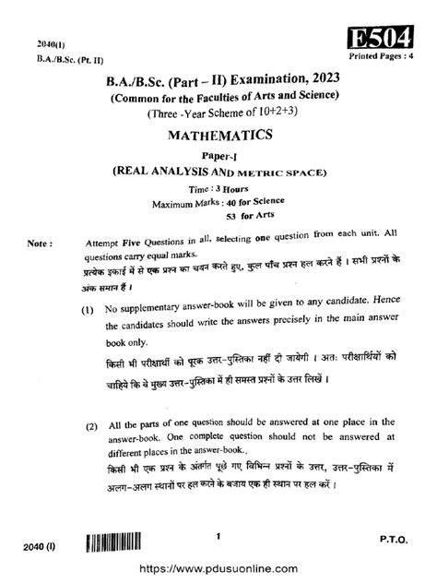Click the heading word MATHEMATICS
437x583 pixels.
(218, 135)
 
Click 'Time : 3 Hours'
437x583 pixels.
(218, 186)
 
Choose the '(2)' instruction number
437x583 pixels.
(91, 427)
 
